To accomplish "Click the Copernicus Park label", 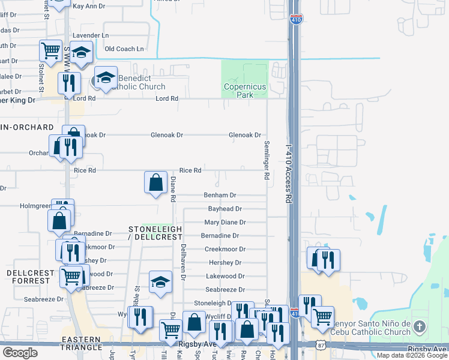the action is click(x=244, y=91).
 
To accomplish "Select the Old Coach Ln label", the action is click(x=124, y=49).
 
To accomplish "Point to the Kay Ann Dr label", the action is click(x=88, y=6).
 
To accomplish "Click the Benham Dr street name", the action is click(x=220, y=196).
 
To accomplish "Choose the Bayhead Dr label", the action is click(x=224, y=209).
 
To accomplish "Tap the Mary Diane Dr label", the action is click(x=226, y=223).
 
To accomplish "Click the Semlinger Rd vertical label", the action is click(x=266, y=160).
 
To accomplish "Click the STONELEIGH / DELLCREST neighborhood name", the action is click(x=155, y=233).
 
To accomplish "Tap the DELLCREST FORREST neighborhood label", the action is click(x=31, y=277).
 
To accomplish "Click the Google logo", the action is click(x=20, y=353).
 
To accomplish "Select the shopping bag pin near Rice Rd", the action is click(x=156, y=182).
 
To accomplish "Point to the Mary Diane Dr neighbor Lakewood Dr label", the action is click(x=224, y=276).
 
